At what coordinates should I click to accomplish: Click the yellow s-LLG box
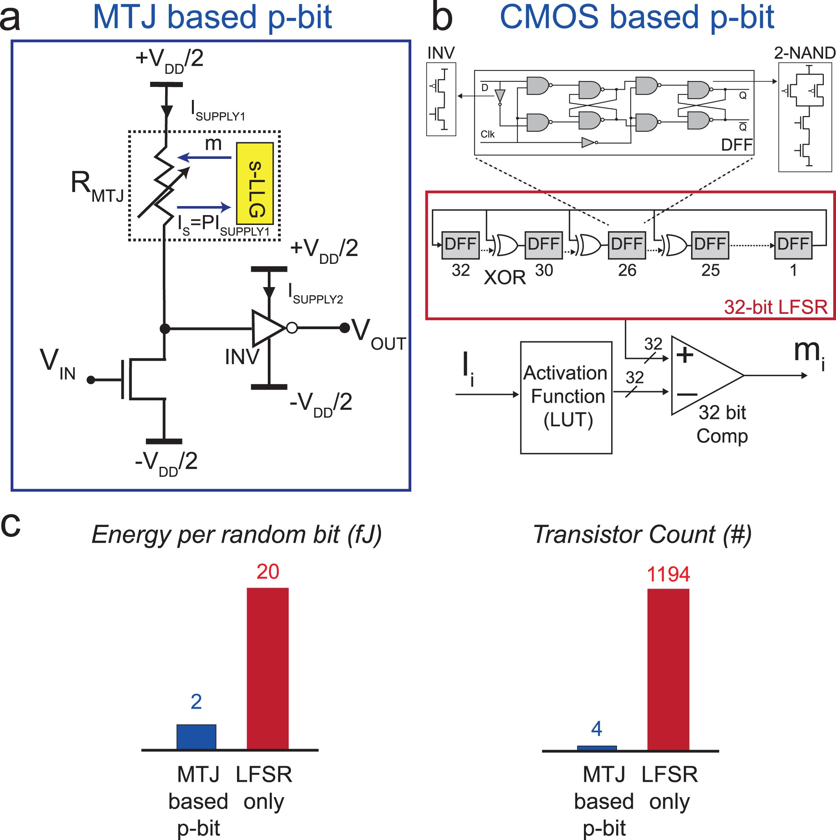coord(255,184)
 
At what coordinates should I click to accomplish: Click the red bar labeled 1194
coord(668,670)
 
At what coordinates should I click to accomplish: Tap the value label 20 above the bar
coord(267,572)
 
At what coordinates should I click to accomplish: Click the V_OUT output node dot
coord(344,328)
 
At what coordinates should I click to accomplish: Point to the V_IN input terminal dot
coord(90,380)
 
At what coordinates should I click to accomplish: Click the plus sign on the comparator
coord(685,355)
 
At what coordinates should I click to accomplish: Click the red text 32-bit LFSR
coord(775,308)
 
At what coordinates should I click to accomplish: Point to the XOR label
coord(505,277)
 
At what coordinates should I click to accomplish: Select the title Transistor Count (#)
coord(642,534)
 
